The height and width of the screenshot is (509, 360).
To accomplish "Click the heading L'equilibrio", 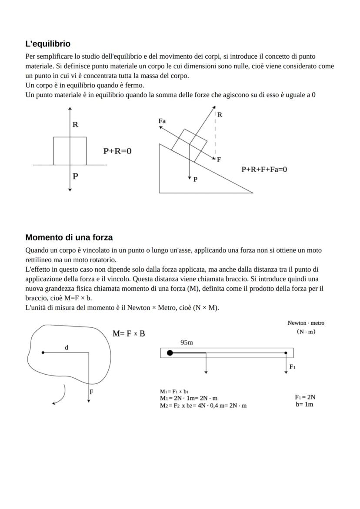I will click(48, 44).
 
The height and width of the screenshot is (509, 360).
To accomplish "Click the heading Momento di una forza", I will click(69, 237).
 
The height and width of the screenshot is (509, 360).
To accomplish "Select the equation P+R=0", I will click(117, 151).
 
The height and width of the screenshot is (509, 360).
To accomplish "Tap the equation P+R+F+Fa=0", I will click(264, 169).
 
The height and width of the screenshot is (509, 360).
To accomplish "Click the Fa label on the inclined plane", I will click(162, 121).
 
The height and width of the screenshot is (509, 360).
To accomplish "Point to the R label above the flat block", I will click(75, 125).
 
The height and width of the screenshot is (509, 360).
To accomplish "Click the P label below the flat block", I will click(75, 176).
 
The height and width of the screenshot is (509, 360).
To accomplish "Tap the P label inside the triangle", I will click(195, 179).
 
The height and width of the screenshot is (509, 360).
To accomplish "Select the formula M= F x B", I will click(129, 333).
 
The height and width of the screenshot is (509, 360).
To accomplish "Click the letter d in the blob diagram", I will click(66, 347).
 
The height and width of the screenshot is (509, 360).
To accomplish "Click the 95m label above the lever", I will click(187, 343).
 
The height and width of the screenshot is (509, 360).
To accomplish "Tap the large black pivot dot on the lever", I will click(170, 353).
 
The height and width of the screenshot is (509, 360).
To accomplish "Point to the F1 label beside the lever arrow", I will click(293, 367).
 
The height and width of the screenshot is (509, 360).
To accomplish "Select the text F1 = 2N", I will click(305, 397).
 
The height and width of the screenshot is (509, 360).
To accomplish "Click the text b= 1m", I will click(304, 404).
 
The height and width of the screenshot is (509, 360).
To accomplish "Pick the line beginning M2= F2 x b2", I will click(203, 406).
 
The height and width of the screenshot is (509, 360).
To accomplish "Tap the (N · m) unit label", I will click(306, 332).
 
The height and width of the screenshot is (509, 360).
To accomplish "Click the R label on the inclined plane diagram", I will click(220, 115).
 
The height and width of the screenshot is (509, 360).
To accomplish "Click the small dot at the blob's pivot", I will click(43, 353).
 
